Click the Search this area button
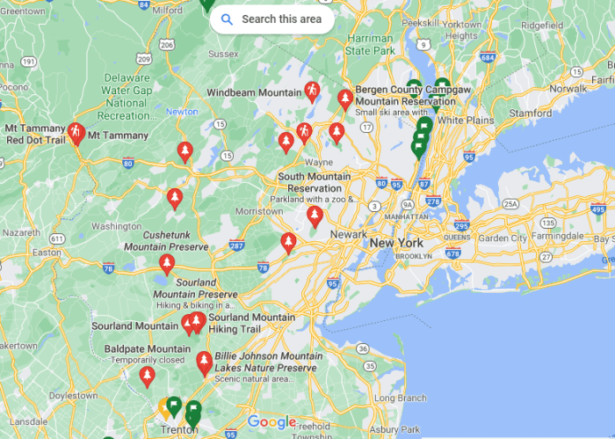[x=271, y=18]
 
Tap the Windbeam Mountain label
[x=254, y=92]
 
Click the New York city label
[x=395, y=243]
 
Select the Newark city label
[x=347, y=234]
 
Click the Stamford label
[x=530, y=113]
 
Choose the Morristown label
[x=259, y=212]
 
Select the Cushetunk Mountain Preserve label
[x=176, y=242]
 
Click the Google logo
[x=271, y=422]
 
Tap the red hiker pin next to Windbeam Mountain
[x=311, y=91]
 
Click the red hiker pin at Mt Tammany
[x=76, y=133]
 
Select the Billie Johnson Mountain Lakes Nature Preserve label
[x=265, y=362]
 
